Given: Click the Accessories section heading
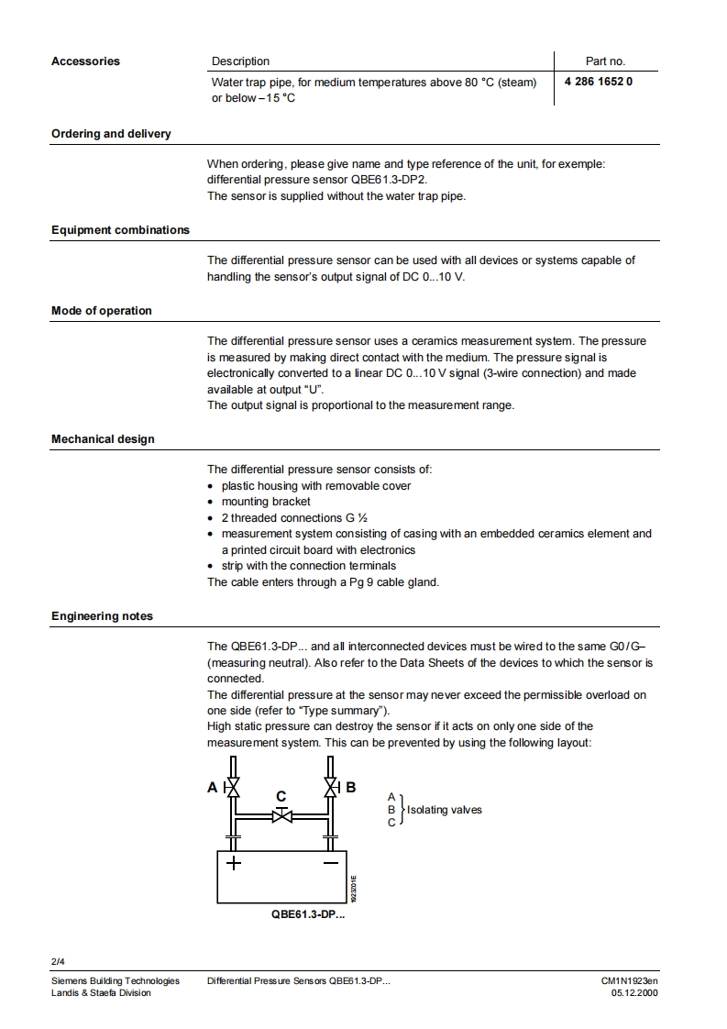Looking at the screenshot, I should pos(85,61).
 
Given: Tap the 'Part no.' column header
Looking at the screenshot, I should pos(605,61).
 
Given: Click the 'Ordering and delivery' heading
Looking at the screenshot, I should pos(111,134).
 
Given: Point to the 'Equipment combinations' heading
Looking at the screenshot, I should pos(120,230).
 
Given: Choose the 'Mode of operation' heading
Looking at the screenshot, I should pos(101,311).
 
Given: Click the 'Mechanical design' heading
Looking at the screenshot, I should pos(103,439).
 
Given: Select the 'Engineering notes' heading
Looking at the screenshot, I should pos(102,616).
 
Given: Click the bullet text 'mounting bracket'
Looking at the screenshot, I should pos(266,502).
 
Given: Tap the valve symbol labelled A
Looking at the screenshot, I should pos(233,787).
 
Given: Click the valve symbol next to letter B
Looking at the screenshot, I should pos(331,787).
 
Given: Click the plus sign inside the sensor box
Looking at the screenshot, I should pos(234,863).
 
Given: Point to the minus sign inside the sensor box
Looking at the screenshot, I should pos(331,863).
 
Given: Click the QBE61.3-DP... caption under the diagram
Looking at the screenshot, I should pos(308,915).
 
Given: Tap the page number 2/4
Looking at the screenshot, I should pos(58,962).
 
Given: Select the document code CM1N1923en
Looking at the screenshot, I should pos(629,980).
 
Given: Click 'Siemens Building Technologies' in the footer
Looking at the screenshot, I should pos(116,980).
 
